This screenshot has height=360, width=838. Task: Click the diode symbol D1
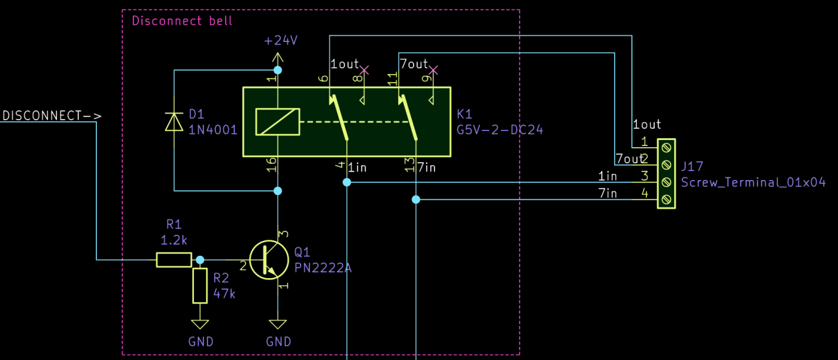coord(173,122)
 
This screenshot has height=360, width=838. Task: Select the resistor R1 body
coord(173,260)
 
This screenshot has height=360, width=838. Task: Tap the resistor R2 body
coord(200,285)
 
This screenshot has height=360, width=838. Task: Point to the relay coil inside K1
coord(278,122)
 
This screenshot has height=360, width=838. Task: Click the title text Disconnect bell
coord(182,20)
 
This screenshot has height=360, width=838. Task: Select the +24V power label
coord(281,41)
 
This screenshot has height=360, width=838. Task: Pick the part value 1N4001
coord(213,130)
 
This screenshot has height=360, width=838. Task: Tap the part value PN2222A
coord(323,267)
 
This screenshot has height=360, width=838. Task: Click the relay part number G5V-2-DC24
coord(500,130)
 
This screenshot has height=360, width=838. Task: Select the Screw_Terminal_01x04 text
coord(753,183)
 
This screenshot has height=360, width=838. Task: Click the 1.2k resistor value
coord(173,239)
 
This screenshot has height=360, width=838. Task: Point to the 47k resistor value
coord(224,293)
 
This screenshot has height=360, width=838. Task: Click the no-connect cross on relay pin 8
coord(365,69)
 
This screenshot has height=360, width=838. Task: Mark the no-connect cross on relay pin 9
coord(433,69)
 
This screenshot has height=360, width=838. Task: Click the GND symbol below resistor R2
coord(200,325)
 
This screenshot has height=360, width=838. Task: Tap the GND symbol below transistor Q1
coord(278,325)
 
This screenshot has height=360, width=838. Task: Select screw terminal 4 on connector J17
coord(666,199)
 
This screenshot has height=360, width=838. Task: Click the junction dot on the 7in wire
coord(416,200)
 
